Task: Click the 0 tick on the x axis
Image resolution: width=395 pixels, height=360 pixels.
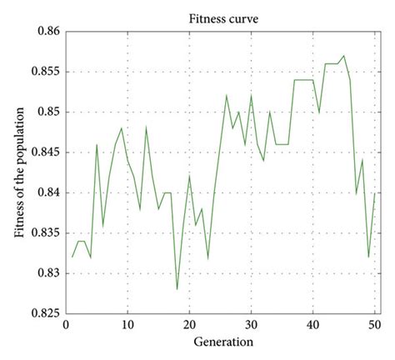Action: click(x=66, y=325)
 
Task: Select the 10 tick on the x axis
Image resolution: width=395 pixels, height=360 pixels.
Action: click(x=127, y=325)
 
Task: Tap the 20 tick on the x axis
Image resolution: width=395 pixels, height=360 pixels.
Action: click(x=189, y=325)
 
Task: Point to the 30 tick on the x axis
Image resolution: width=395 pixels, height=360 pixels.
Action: click(x=251, y=325)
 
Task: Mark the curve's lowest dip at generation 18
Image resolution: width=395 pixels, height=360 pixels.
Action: click(x=177, y=289)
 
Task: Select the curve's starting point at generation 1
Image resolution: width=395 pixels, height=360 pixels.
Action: click(x=72, y=257)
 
